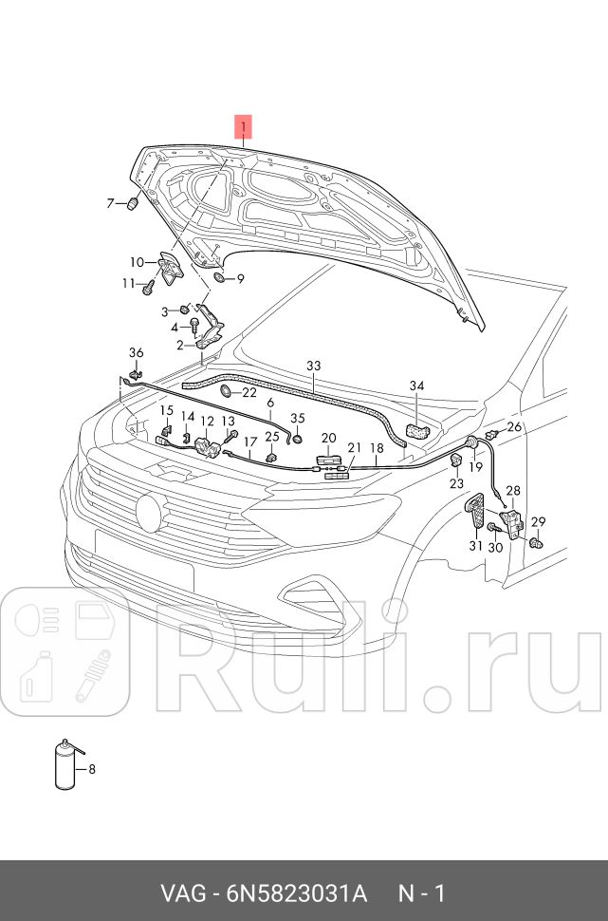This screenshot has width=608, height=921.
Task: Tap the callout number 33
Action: click(x=313, y=366)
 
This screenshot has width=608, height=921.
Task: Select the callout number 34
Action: click(x=417, y=385)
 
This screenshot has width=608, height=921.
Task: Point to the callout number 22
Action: click(x=249, y=392)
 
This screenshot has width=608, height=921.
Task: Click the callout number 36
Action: click(x=136, y=353)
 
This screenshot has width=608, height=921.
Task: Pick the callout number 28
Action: click(x=513, y=491)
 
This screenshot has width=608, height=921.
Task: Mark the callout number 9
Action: click(x=240, y=279)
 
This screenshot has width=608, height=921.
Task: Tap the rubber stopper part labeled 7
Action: click(x=132, y=204)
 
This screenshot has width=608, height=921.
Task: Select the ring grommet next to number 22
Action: click(x=227, y=391)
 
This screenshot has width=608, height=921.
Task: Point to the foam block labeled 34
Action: click(x=417, y=430)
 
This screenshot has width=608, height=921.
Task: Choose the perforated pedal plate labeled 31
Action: click(x=477, y=519)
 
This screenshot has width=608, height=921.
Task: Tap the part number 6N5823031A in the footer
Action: click(x=297, y=893)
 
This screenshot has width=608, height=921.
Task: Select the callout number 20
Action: click(x=329, y=438)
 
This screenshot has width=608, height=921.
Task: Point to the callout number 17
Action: click(x=250, y=442)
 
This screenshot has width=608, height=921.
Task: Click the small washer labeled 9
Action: click(x=220, y=278)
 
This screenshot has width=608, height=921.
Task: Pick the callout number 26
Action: click(x=514, y=426)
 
